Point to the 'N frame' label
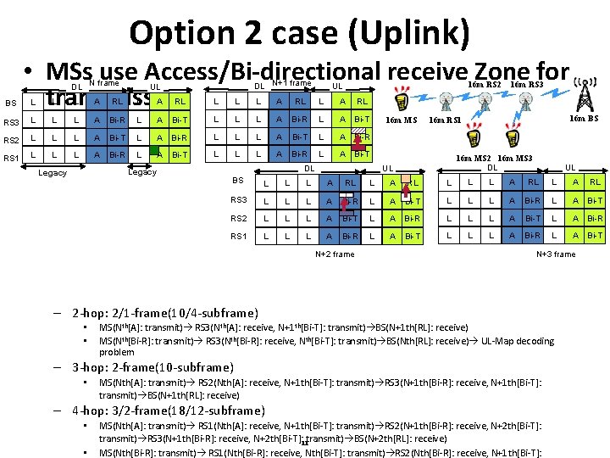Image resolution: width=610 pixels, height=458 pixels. pos(104,83)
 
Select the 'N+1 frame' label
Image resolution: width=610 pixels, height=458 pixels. pos(291,83)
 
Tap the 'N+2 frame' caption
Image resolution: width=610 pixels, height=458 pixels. pos(335,254)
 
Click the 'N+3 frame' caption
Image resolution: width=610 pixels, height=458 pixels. pos(556,254)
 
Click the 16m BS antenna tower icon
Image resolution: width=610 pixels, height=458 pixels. pos(583,94)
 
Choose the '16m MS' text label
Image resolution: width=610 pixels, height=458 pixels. pos(402,120)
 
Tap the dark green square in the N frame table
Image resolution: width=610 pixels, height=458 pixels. pos(156,152)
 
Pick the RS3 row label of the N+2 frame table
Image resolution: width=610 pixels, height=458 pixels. pos(240,200)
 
